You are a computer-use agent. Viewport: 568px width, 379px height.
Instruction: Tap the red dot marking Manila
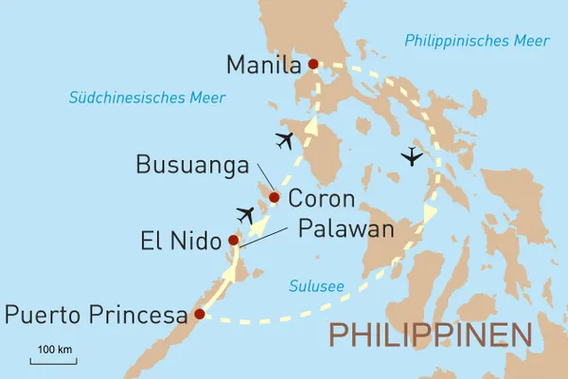[x=313, y=65]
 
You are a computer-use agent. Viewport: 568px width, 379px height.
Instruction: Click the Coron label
[x=321, y=199]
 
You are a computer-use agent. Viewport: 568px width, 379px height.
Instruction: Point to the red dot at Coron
[x=275, y=198]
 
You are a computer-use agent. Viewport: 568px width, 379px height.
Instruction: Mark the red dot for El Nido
[x=234, y=241]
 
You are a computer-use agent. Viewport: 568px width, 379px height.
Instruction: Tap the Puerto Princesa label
[x=95, y=315]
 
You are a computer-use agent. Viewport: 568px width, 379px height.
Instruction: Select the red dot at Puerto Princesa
[x=199, y=314]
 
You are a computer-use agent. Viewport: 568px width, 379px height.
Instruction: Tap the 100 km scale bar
[x=53, y=362]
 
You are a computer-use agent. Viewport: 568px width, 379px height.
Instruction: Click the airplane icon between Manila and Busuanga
[x=284, y=141]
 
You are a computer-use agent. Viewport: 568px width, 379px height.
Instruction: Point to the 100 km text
[x=54, y=351]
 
